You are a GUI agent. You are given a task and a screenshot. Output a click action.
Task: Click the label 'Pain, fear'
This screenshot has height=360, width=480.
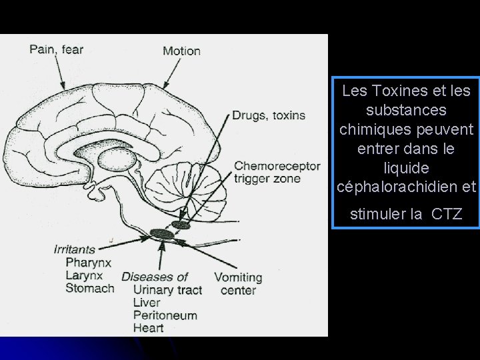pyautogui.click(x=57, y=49)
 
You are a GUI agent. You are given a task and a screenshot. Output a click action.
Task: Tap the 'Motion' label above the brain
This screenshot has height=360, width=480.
pyautogui.click(x=181, y=51)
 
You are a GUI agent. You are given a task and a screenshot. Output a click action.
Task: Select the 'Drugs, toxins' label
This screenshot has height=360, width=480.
pyautogui.click(x=269, y=115)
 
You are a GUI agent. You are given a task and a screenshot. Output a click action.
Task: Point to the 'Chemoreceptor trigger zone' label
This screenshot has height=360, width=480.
pyautogui.click(x=277, y=172)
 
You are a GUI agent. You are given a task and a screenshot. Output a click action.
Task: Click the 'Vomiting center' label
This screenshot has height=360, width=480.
pyautogui.click(x=238, y=283)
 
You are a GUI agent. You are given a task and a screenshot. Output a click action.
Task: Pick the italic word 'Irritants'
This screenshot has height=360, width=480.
pyautogui.click(x=74, y=250)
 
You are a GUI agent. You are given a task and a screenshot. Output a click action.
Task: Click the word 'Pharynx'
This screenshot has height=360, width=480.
pyautogui.click(x=87, y=263)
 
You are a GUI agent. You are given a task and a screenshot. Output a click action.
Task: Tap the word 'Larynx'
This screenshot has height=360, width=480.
pyautogui.click(x=84, y=275)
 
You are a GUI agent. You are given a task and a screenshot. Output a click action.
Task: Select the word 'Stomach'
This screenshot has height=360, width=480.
pyautogui.click(x=90, y=288)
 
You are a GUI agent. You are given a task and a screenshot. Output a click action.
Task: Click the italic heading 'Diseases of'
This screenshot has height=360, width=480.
pyautogui.click(x=155, y=277)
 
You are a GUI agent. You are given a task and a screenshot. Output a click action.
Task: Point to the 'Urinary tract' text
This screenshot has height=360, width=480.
pyautogui.click(x=167, y=289)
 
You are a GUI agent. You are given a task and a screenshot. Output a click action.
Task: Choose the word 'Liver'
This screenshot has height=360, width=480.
pyautogui.click(x=147, y=302)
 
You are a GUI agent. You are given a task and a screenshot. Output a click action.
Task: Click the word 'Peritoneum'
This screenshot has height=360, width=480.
pyautogui.click(x=165, y=315)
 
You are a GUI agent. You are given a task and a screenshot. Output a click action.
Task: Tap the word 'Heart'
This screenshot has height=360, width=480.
pyautogui.click(x=148, y=327)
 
